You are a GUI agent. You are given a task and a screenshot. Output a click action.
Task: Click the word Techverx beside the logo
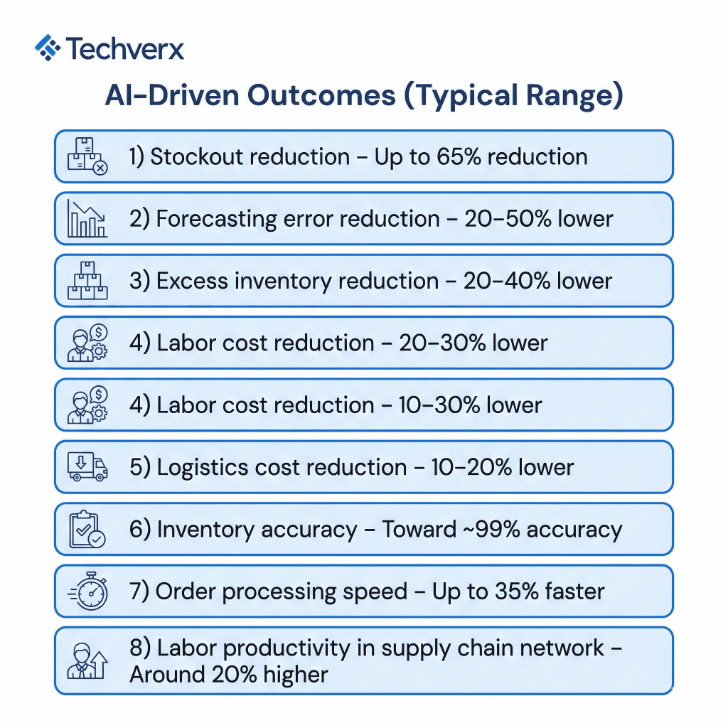125,49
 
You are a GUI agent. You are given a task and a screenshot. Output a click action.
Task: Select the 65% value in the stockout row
464,156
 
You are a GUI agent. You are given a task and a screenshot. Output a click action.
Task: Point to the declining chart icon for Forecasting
87,218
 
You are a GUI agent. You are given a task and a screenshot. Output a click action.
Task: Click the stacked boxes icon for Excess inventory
87,281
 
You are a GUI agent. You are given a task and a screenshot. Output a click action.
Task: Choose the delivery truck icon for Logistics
87,467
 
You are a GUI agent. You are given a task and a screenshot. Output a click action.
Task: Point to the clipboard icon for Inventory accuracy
87,530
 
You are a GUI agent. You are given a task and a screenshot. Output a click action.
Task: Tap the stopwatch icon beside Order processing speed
87,591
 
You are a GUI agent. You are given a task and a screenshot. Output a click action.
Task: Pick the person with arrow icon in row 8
87,660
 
